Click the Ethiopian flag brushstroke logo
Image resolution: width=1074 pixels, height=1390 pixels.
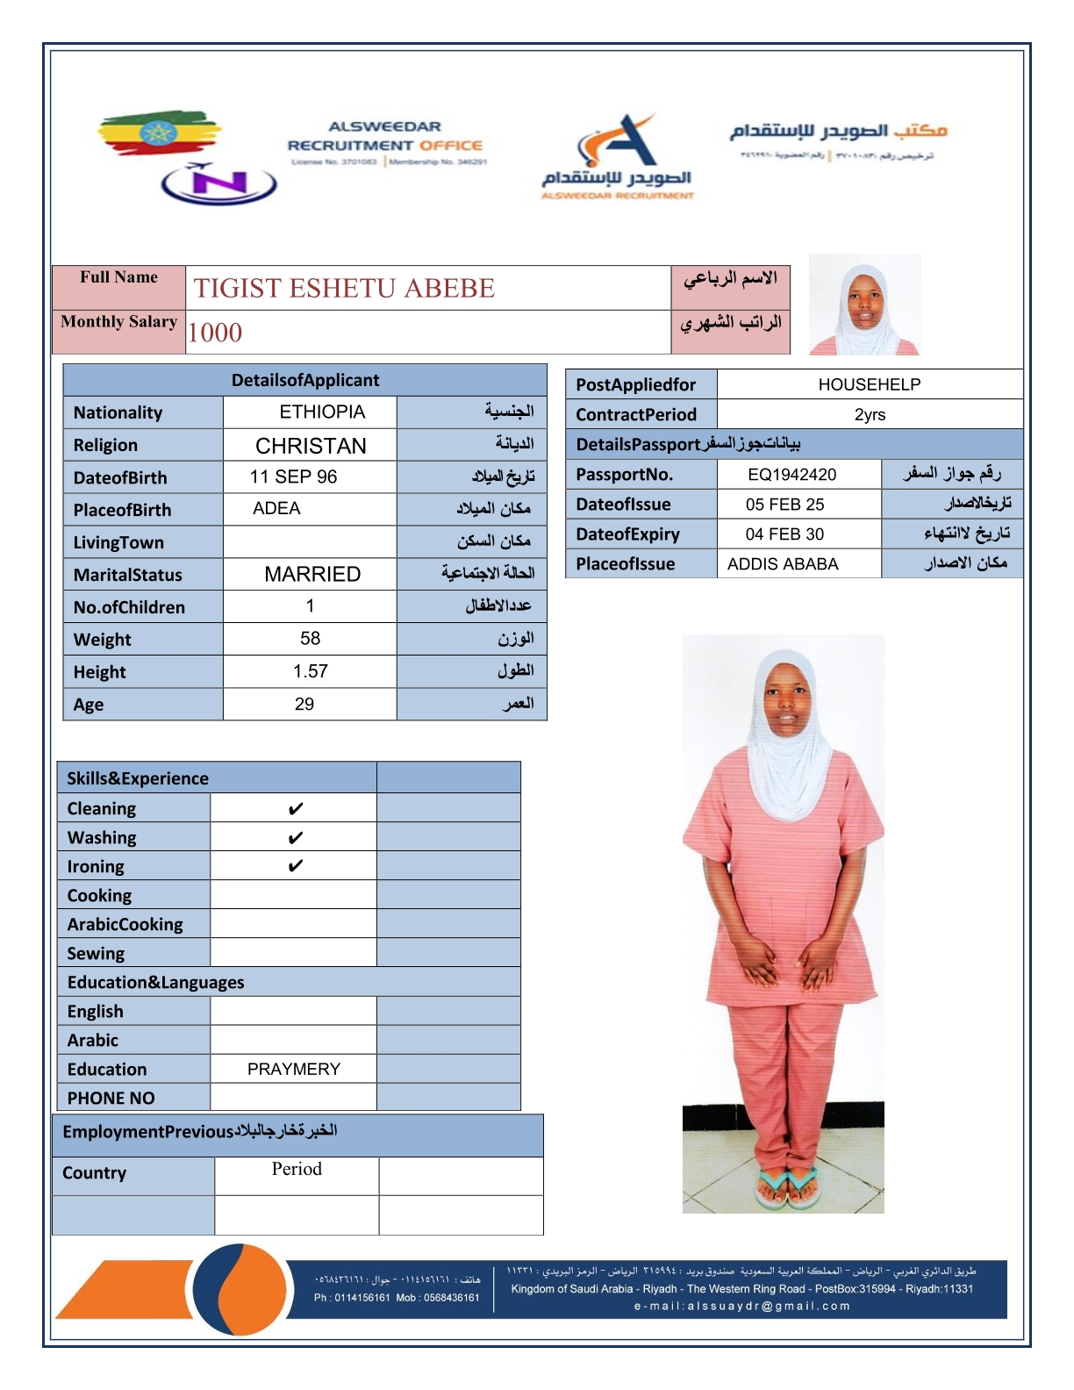[x=158, y=133]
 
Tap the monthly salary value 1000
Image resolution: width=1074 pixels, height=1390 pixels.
[x=215, y=333]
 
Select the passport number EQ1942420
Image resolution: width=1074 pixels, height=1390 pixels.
[x=791, y=475]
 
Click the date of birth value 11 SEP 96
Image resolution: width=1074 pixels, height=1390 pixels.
[x=293, y=476]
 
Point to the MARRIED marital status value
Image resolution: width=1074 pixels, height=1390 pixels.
[x=312, y=574]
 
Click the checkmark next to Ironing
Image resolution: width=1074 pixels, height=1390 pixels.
[x=296, y=866]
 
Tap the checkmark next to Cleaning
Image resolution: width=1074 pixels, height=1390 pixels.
[x=296, y=808]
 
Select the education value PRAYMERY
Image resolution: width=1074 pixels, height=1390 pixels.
[x=293, y=1069]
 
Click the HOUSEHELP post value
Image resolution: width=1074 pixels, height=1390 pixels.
[x=869, y=384]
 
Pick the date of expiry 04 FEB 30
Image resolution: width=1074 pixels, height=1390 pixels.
[x=784, y=534]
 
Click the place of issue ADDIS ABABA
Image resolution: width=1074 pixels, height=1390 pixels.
[x=783, y=563]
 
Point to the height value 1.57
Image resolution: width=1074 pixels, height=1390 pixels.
[x=311, y=671]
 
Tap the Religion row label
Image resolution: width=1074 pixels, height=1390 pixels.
[x=105, y=445]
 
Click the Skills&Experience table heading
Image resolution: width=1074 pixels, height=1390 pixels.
[x=138, y=778]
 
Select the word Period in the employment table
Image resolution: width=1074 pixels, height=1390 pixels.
[x=297, y=1169]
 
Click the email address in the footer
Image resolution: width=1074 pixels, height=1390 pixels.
[x=742, y=1306]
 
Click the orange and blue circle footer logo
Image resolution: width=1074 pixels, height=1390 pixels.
[x=239, y=1289]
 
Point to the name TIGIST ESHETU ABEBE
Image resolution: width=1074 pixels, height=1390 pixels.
[x=344, y=288]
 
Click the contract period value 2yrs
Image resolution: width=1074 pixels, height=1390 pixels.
[x=870, y=414]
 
